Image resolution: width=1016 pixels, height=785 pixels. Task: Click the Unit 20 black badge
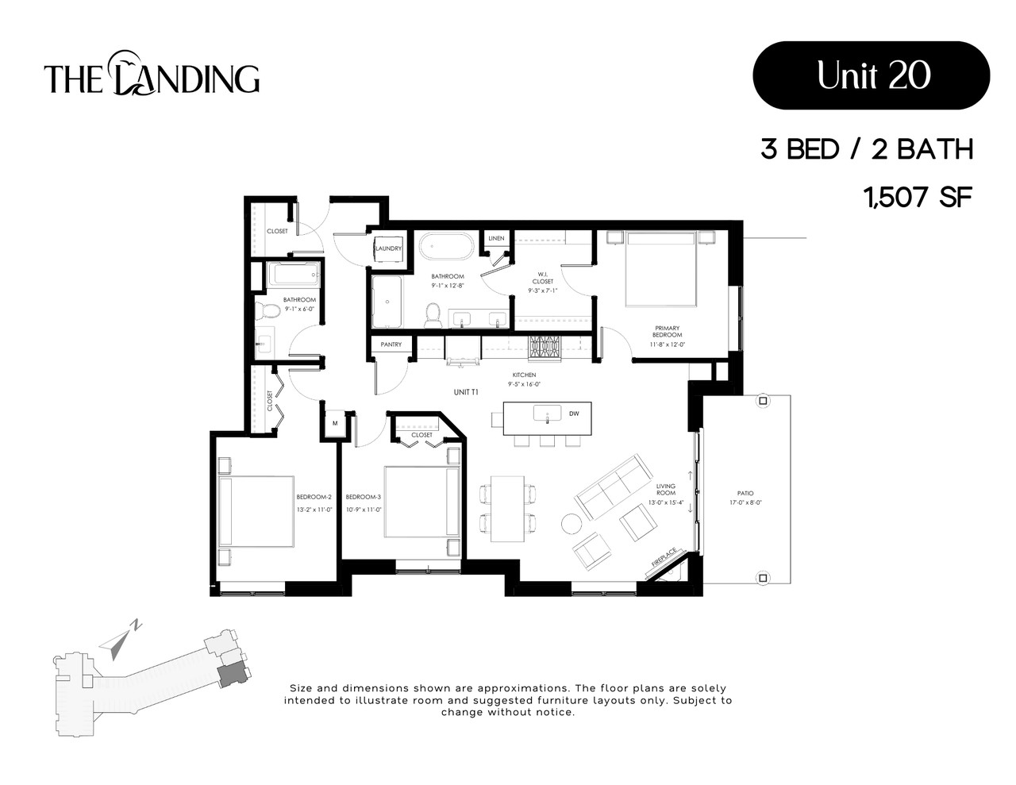[871, 75]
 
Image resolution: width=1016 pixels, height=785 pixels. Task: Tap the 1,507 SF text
[918, 196]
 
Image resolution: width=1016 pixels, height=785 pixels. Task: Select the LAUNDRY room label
[388, 248]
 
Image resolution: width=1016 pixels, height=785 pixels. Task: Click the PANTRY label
[391, 344]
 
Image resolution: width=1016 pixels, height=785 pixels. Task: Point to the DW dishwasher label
[574, 414]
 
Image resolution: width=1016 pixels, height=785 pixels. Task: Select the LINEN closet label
[497, 238]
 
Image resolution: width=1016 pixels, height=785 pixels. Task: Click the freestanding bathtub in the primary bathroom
[446, 246]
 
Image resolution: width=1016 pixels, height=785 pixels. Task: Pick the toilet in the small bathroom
[269, 310]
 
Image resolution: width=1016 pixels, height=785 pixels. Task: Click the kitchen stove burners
[545, 347]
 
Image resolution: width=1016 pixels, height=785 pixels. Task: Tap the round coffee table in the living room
[571, 524]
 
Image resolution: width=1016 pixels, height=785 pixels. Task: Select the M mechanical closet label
[335, 423]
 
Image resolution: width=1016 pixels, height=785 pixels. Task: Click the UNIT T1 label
[465, 392]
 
